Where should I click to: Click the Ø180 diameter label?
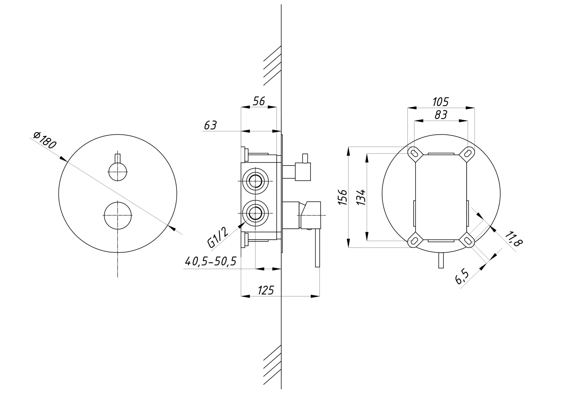(x=45, y=140)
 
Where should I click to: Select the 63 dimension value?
(x=211, y=125)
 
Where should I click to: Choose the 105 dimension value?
(x=441, y=102)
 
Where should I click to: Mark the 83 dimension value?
(x=441, y=115)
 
